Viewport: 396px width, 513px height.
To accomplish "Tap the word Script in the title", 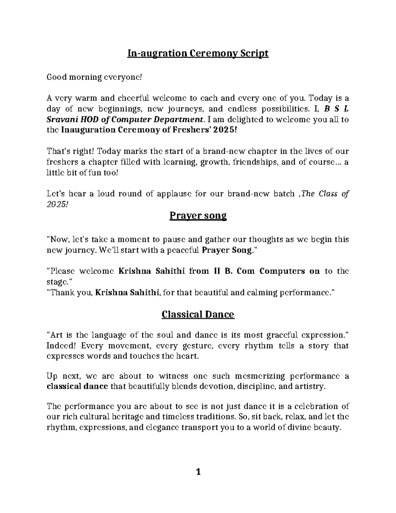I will click(255, 53).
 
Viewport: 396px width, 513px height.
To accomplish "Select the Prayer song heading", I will click(198, 216).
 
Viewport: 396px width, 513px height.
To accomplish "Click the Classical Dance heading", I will click(198, 314).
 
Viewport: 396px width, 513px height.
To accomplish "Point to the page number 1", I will click(198, 472).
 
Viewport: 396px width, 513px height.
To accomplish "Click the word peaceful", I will click(182, 250).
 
